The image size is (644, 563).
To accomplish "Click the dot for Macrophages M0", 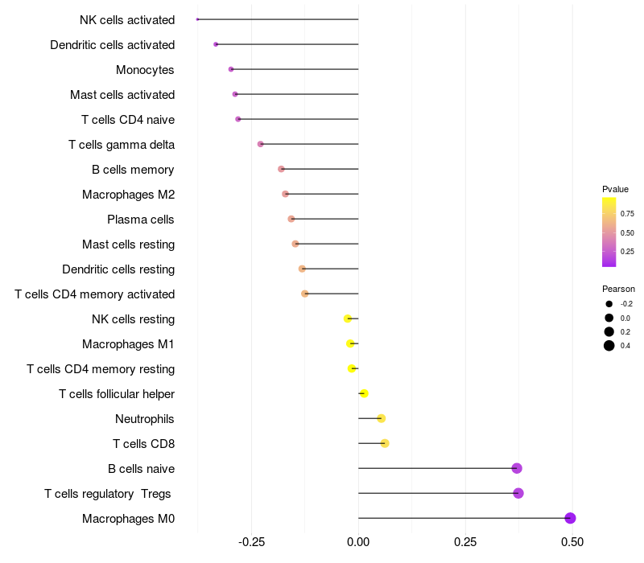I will click(x=570, y=518).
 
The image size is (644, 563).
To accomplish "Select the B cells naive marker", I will click(x=517, y=468).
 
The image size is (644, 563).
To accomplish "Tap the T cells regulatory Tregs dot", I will click(x=518, y=493).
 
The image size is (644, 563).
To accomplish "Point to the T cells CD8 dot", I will click(x=385, y=443).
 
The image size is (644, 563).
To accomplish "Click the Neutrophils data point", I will click(x=382, y=418).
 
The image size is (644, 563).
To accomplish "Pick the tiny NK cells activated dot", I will click(x=197, y=19).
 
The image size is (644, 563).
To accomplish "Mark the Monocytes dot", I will click(x=231, y=69).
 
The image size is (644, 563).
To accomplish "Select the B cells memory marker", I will click(x=281, y=169).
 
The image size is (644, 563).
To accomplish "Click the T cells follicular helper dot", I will click(x=364, y=393).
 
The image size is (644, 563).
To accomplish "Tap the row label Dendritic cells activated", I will click(x=112, y=44).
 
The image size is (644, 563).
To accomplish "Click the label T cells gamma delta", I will click(x=122, y=145).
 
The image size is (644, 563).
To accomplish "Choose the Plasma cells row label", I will click(x=140, y=220).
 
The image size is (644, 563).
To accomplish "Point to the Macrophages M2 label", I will click(x=128, y=195).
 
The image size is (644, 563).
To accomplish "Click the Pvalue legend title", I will click(x=615, y=189).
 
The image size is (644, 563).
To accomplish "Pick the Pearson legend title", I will click(x=618, y=289).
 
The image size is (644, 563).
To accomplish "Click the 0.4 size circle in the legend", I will click(x=609, y=346).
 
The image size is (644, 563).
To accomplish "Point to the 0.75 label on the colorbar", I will click(x=626, y=214).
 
